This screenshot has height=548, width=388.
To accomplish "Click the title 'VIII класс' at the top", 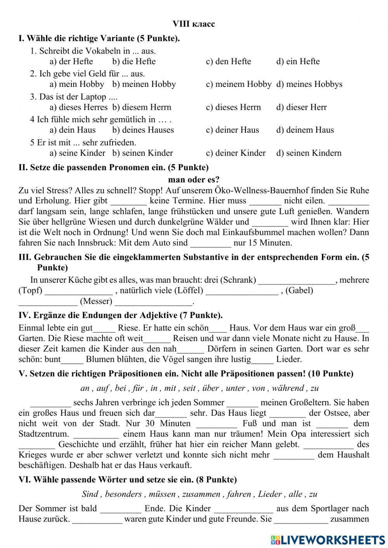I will [x=194, y=24].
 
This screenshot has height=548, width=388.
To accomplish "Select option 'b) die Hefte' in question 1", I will [x=134, y=61].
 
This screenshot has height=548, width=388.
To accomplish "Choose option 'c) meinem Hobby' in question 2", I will [x=238, y=84].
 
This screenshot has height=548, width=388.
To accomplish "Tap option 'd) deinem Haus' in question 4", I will [x=305, y=130].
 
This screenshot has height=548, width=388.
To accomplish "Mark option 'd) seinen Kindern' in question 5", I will [x=309, y=153].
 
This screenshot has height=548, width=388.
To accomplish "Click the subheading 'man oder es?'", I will [x=194, y=180].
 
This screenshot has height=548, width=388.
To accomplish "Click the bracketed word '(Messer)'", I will [x=96, y=301].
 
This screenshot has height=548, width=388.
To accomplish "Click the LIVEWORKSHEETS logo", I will [x=328, y=540].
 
